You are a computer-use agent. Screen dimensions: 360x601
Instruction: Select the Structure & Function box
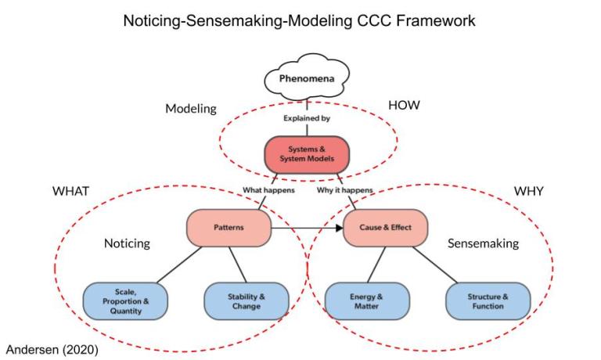click(x=488, y=301)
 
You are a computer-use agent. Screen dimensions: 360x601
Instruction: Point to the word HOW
click(x=405, y=105)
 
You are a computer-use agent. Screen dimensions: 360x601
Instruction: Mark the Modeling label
click(x=190, y=109)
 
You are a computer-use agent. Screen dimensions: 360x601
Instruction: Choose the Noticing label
click(x=126, y=243)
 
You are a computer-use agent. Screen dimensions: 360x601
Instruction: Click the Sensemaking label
click(x=483, y=243)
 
